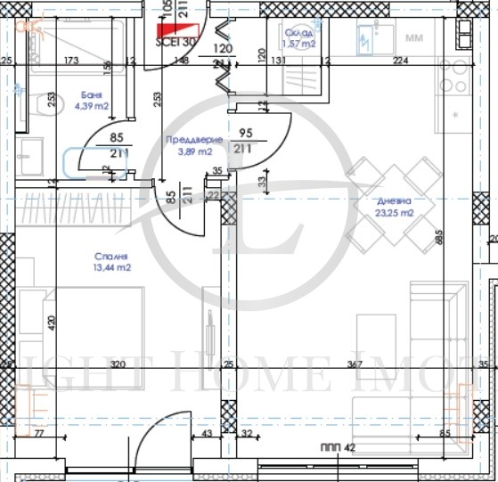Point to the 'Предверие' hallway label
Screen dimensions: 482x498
pos(188,140)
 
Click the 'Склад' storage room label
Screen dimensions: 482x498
pos(299,29)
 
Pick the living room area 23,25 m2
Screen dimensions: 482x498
pos(395,213)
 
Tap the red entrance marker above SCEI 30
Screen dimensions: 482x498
pos(171,21)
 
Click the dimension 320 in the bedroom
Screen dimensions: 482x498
pos(117,364)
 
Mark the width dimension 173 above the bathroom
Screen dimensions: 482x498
pos(72,61)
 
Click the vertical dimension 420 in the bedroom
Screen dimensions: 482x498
pos(53,323)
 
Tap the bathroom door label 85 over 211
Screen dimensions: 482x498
pos(115,145)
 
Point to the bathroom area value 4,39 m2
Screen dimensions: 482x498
pos(91,105)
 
